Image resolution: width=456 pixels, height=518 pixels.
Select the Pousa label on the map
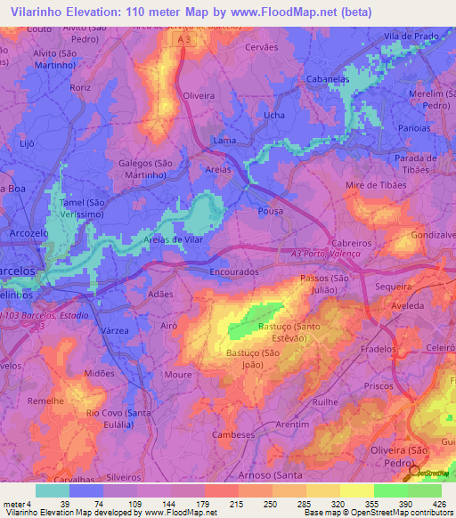[270, 212]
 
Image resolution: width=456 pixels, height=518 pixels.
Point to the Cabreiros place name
[355, 242]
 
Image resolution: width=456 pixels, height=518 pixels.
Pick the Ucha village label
[274, 116]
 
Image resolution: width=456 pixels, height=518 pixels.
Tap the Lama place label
[224, 141]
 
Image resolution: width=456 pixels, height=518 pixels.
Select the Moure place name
[178, 375]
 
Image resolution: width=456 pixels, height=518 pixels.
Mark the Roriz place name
[80, 87]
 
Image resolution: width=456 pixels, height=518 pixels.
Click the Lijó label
[27, 142]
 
